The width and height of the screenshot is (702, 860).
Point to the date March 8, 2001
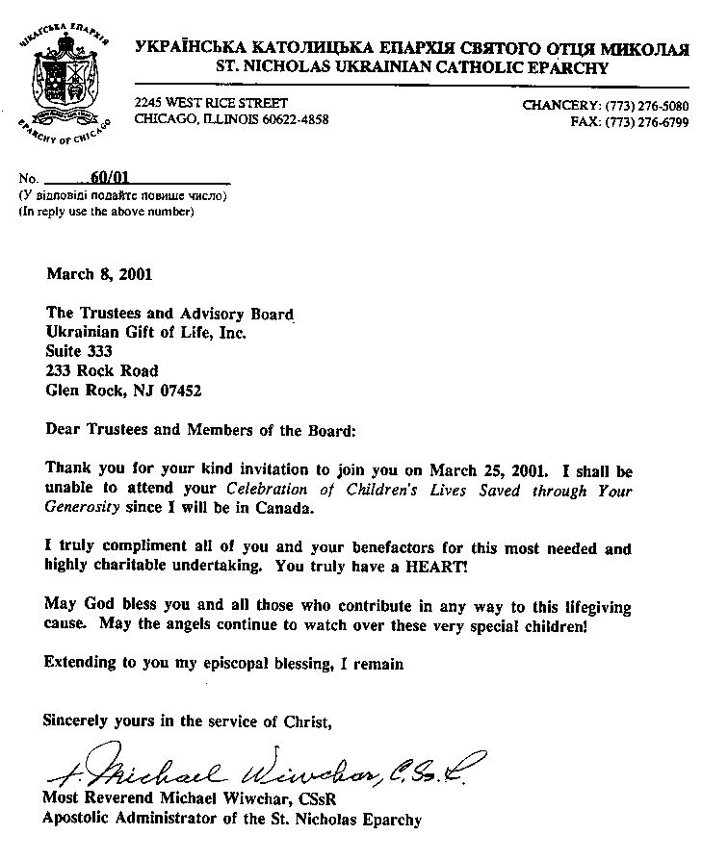99,273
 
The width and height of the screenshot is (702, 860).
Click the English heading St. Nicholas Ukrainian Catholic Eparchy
413,67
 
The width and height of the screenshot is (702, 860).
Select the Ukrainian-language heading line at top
412,47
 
